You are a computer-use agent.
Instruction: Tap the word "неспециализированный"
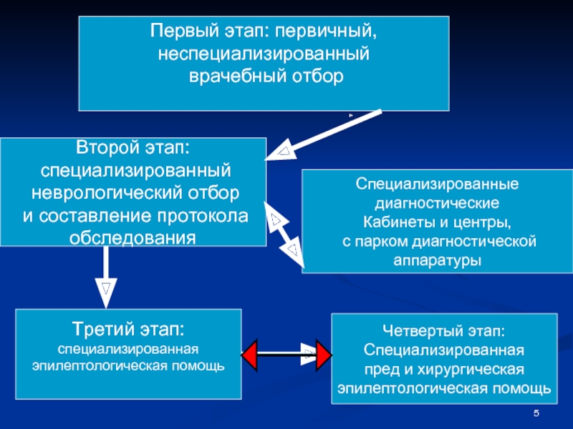[264, 54]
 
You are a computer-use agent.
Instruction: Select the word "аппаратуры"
[438, 260]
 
